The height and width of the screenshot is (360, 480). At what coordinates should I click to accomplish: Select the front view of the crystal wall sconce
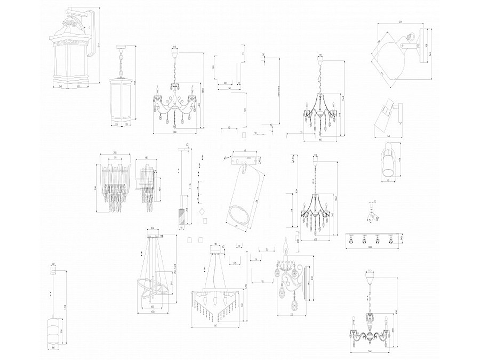coord(115,184)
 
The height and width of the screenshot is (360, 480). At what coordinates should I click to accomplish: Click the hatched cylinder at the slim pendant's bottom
coord(180,216)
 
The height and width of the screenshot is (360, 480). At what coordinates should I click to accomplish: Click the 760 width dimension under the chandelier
coord(175,132)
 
